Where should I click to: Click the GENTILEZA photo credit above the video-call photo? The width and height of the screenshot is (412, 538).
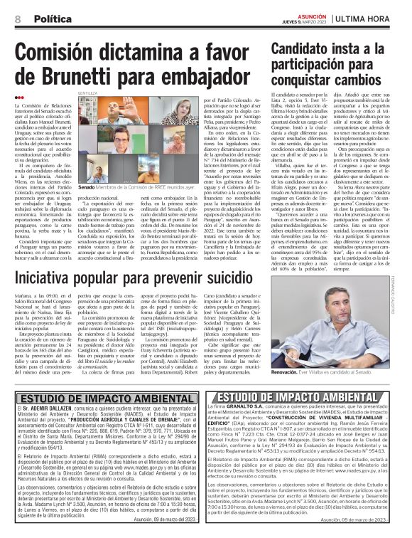coord(87,93)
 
